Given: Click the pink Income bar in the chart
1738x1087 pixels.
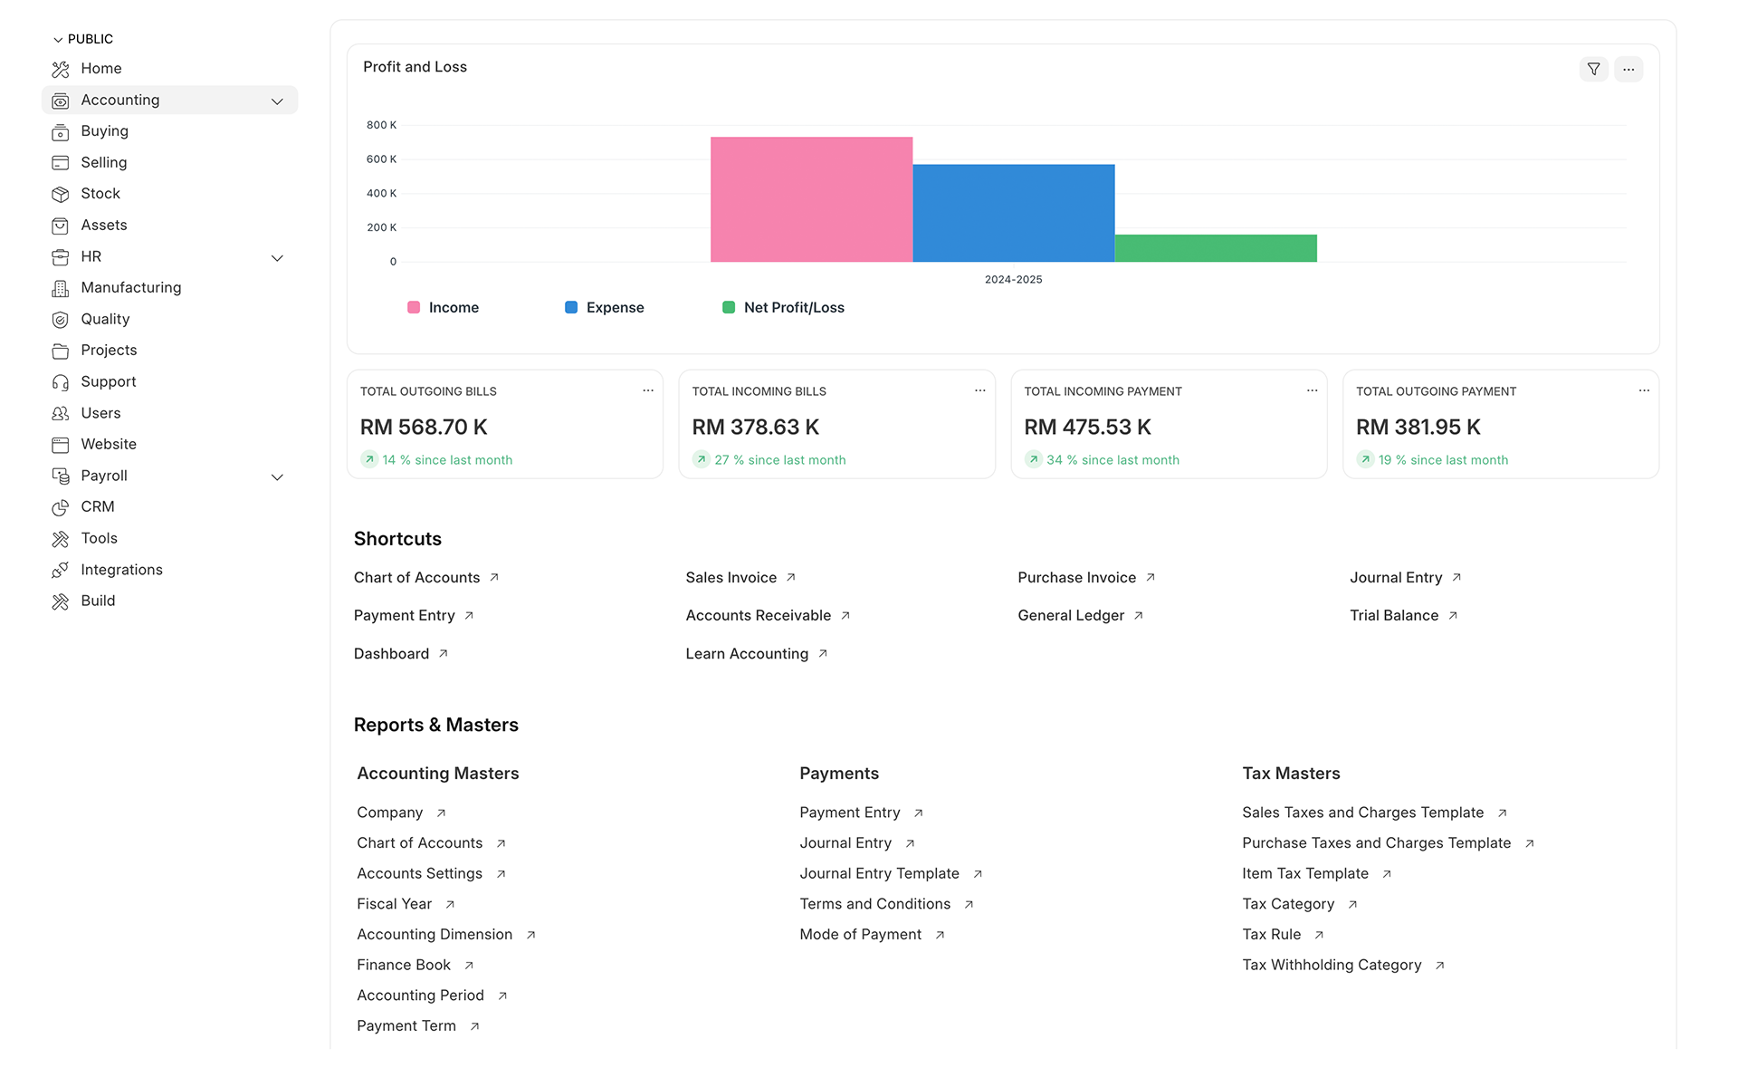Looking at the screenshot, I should click(811, 199).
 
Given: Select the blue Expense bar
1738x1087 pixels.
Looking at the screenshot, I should click(1013, 213).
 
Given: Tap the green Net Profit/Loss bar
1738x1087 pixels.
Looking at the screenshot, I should click(1215, 248).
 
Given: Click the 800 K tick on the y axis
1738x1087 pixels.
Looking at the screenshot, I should click(381, 125).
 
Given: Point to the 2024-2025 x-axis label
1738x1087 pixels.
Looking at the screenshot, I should click(1013, 280).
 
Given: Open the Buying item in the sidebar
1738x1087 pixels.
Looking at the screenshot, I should click(104, 131).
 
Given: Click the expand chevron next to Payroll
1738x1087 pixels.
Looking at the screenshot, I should click(278, 476).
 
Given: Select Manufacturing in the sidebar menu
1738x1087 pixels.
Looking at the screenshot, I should click(130, 288).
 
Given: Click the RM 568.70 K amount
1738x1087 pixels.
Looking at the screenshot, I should click(424, 427).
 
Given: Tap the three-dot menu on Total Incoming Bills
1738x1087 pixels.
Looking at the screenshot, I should click(979, 390).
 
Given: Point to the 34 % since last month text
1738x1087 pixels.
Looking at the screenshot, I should click(1113, 460).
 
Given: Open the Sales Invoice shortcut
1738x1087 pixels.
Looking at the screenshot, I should click(731, 578).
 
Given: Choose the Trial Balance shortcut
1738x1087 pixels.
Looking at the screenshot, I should click(1394, 616).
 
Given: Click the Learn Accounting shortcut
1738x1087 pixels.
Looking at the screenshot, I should click(747, 654).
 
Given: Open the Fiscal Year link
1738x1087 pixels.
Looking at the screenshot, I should click(395, 904).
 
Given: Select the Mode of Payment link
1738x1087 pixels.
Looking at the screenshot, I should click(860, 935).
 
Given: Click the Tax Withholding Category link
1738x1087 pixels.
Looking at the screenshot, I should click(1332, 966).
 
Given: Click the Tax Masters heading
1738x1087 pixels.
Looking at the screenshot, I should click(1291, 774).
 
